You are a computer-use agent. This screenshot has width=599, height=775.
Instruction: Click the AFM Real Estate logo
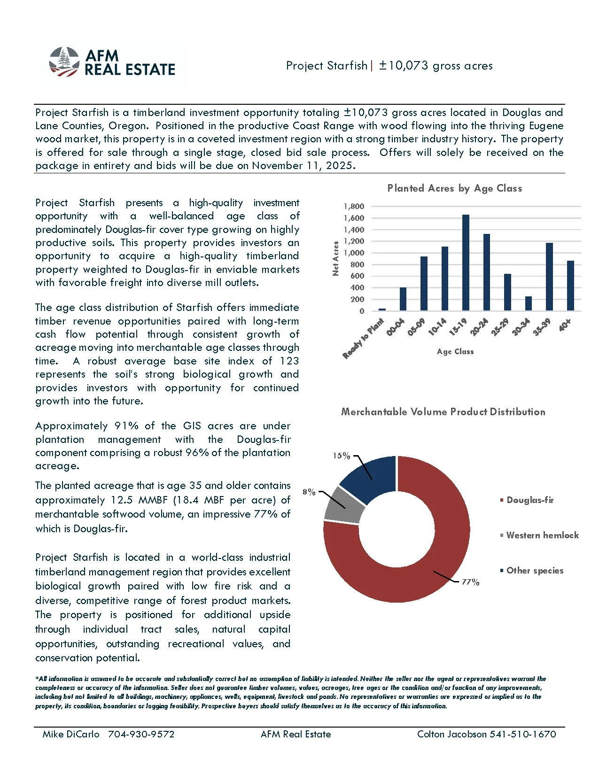(112, 62)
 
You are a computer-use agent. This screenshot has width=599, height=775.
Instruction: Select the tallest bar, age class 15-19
(466, 263)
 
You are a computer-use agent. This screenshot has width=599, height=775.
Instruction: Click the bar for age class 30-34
(529, 303)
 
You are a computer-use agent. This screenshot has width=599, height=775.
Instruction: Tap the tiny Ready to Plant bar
(382, 310)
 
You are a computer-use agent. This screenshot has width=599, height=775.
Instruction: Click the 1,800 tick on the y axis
(354, 206)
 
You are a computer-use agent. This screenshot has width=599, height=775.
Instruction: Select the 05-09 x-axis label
(416, 327)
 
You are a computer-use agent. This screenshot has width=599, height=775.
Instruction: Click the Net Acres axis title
(335, 258)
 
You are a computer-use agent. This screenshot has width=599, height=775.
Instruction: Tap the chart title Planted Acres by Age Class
(454, 188)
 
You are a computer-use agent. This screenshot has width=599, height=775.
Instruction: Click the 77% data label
(470, 582)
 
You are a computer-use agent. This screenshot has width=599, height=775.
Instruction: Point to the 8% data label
(309, 492)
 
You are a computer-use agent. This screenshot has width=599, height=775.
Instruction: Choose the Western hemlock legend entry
(542, 535)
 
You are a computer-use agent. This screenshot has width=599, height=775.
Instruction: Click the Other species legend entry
(535, 571)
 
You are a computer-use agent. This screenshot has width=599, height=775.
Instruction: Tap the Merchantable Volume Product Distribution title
(443, 412)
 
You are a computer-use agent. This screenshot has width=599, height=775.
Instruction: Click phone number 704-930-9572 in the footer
(141, 734)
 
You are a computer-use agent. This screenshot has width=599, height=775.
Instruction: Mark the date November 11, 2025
(303, 166)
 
